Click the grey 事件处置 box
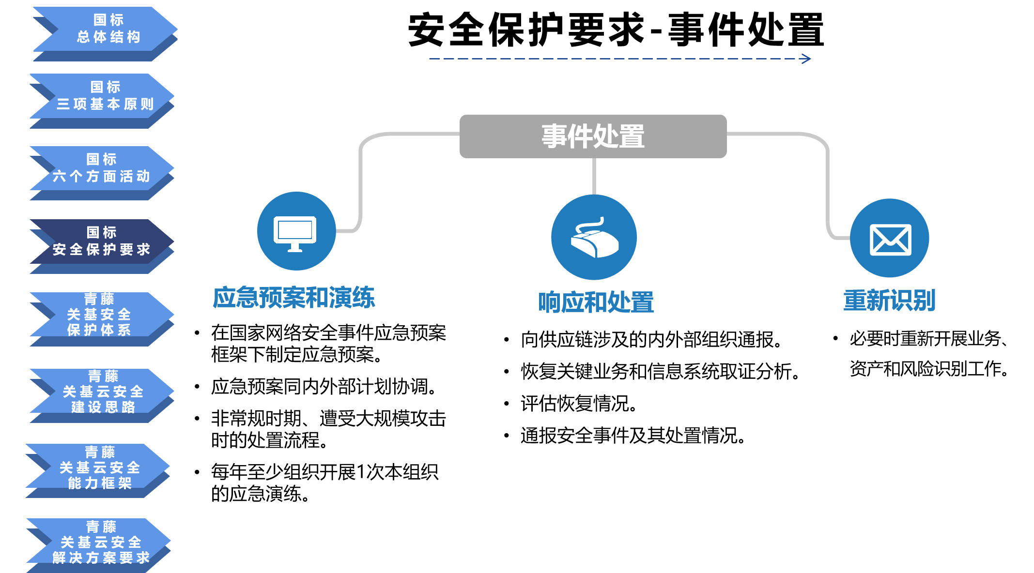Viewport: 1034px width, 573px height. pos(593,136)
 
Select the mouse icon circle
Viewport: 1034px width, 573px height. pos(594,237)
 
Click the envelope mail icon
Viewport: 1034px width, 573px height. pos(890,240)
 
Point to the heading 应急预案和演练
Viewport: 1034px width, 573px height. pos(293,297)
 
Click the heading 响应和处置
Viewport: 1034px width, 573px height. pos(596,302)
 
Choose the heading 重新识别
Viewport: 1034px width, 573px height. pos(889,300)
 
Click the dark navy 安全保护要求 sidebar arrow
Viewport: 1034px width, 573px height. pos(102,246)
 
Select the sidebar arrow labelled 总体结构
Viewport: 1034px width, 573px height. pos(105,34)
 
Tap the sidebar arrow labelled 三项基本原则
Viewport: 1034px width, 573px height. pos(102,101)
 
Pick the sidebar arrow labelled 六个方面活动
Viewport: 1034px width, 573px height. pos(102,173)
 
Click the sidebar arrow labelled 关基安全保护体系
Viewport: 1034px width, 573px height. pos(102,319)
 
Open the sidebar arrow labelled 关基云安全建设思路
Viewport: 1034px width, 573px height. pos(102,396)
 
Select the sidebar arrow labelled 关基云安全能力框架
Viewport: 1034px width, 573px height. pos(98,471)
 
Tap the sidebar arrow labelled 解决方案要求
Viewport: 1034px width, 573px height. pos(99,545)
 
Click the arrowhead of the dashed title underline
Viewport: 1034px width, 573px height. pos(806,59)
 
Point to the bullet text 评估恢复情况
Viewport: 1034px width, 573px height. pos(579,404)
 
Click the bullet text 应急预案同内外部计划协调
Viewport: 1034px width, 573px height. pos(324,387)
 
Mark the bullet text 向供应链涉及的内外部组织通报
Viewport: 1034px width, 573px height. pos(651,340)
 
